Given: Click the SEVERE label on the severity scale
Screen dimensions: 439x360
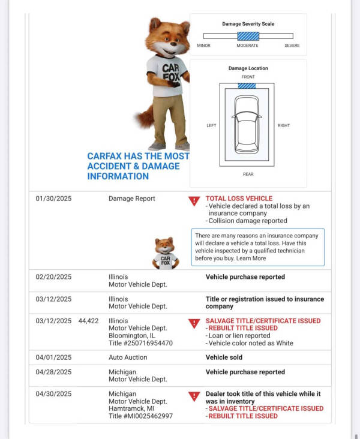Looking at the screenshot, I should tap(292, 46).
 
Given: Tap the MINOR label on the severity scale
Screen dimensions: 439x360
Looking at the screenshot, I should tap(203, 46).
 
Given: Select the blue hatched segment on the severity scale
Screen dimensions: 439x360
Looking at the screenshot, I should tap(248, 36).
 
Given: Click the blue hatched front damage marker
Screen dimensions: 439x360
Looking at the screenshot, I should tap(247, 86).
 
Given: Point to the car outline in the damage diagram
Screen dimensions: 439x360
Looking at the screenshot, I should tap(247, 125).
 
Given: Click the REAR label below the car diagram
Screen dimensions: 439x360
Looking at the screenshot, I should tap(248, 175).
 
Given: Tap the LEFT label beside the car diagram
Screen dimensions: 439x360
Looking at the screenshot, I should tap(211, 125).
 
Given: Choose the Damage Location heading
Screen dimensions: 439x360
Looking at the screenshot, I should tap(248, 68).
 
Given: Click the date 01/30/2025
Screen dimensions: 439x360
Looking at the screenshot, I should tap(53, 199).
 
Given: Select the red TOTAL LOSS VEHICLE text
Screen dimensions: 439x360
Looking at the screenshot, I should tap(239, 199).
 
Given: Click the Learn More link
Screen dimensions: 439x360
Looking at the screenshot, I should tap(251, 258).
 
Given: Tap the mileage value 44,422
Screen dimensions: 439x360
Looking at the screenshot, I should tap(88, 321).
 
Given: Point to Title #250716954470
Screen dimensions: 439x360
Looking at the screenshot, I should tap(140, 343).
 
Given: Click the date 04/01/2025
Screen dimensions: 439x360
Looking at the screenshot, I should tap(53, 357).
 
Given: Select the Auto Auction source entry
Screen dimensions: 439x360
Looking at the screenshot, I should tap(128, 357).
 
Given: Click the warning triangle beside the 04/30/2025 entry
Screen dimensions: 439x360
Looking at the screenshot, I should tap(194, 396).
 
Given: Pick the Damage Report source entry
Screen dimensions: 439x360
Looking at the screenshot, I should tap(131, 199).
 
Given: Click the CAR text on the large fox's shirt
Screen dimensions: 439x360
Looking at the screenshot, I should tap(170, 69).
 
